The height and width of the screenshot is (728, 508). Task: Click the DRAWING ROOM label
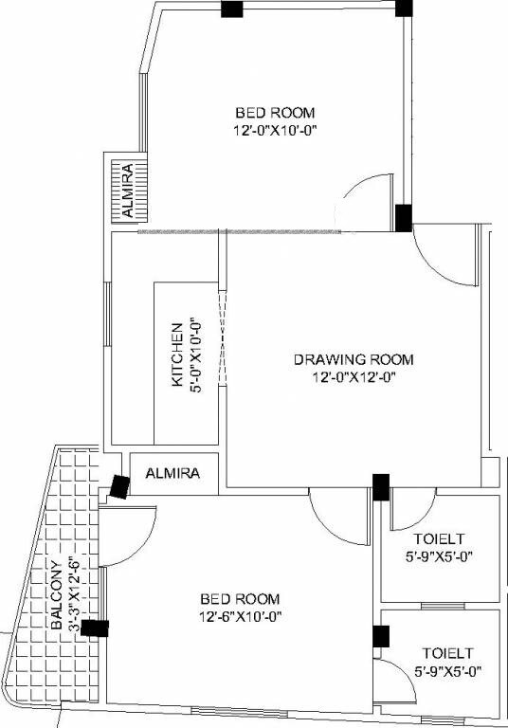pyautogui.click(x=354, y=359)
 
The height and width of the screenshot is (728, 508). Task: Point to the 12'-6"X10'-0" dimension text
pyautogui.click(x=240, y=616)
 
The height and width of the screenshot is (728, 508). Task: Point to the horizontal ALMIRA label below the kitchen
pyautogui.click(x=173, y=473)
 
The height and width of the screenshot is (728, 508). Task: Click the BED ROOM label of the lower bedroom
pyautogui.click(x=240, y=599)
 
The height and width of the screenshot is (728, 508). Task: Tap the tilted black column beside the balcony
pyautogui.click(x=119, y=486)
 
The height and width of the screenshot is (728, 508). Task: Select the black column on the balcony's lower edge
pyautogui.click(x=95, y=628)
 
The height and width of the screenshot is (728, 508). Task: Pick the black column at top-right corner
pyautogui.click(x=404, y=8)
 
